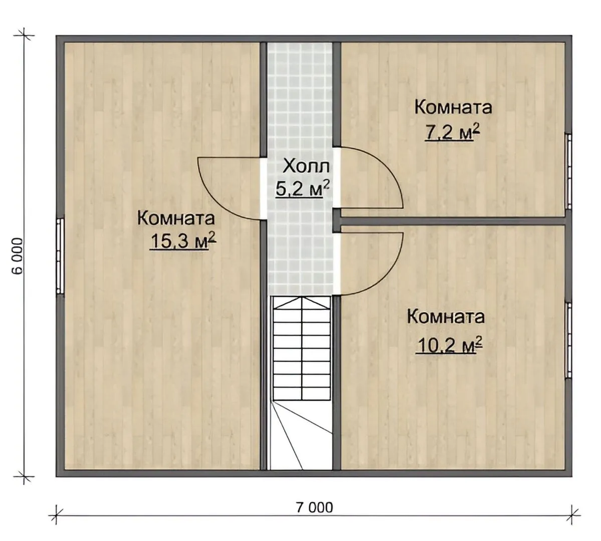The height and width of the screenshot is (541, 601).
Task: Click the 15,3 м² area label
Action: pyautogui.click(x=183, y=241)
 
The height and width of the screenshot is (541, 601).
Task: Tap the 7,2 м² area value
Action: pyautogui.click(x=452, y=133)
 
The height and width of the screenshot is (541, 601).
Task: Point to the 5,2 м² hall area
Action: pyautogui.click(x=302, y=189)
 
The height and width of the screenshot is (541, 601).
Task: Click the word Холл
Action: pyautogui.click(x=306, y=167)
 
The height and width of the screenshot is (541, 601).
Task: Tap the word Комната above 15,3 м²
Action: pyautogui.click(x=176, y=219)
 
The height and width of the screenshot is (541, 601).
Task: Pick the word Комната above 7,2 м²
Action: pyautogui.click(x=453, y=107)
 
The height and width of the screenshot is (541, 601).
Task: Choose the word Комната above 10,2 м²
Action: pyautogui.click(x=446, y=317)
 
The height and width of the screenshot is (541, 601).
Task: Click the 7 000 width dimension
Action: pyautogui.click(x=314, y=507)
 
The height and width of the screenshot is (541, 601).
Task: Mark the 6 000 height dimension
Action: pyautogui.click(x=18, y=256)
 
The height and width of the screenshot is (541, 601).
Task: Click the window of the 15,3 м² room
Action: pyautogui.click(x=60, y=256)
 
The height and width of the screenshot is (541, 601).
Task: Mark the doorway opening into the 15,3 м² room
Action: pyautogui.click(x=263, y=188)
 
